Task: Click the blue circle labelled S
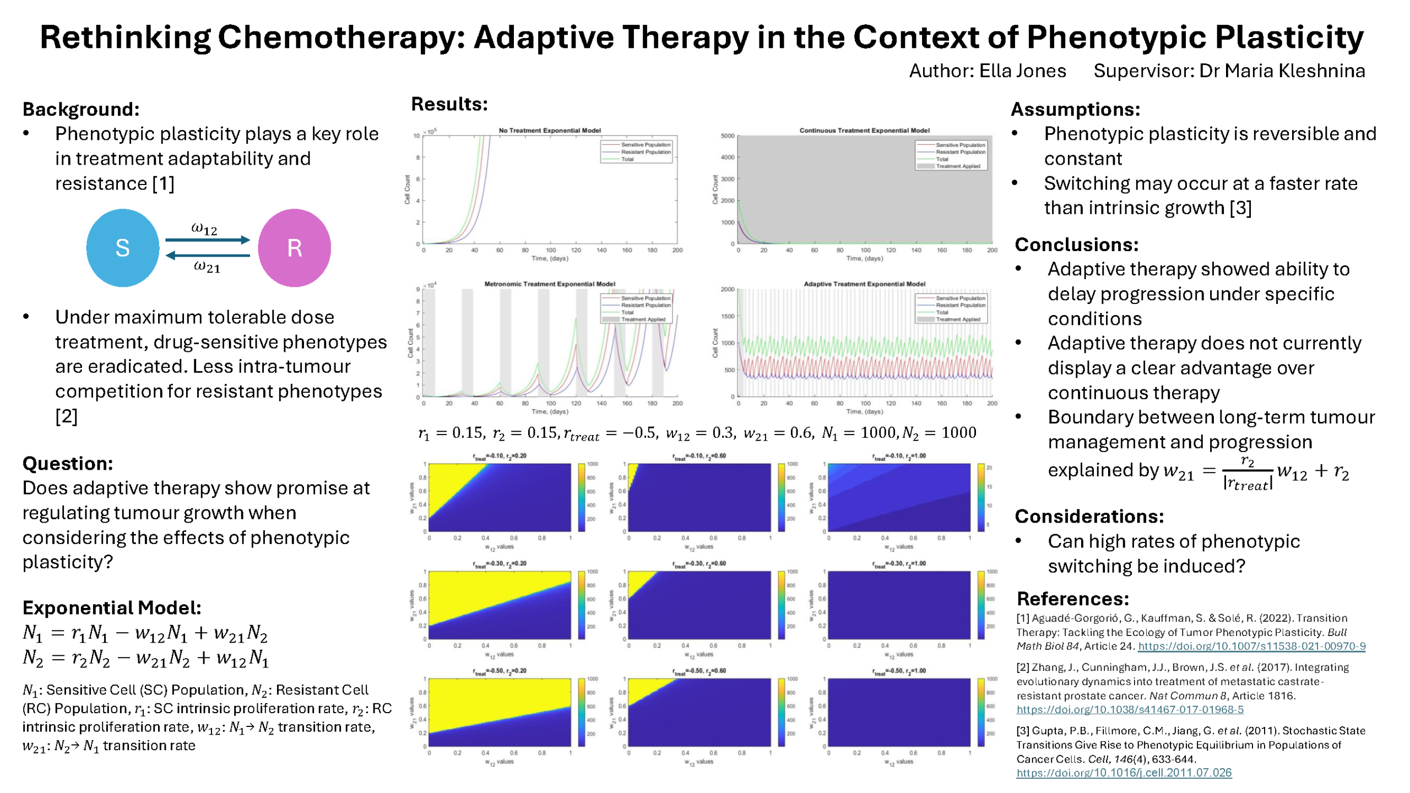122,248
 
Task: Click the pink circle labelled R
294,248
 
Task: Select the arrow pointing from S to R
208,240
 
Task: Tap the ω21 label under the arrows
207,267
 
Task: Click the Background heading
81,109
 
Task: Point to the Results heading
449,104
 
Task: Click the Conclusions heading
1076,244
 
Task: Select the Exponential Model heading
112,607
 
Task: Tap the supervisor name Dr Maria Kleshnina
1282,71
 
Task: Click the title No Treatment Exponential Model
549,131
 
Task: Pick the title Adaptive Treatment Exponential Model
864,284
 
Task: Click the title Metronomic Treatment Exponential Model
549,284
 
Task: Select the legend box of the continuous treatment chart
951,155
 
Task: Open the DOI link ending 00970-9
1251,646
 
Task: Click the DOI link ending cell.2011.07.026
1124,773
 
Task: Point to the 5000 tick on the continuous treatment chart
727,136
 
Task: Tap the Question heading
68,464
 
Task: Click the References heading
1072,599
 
